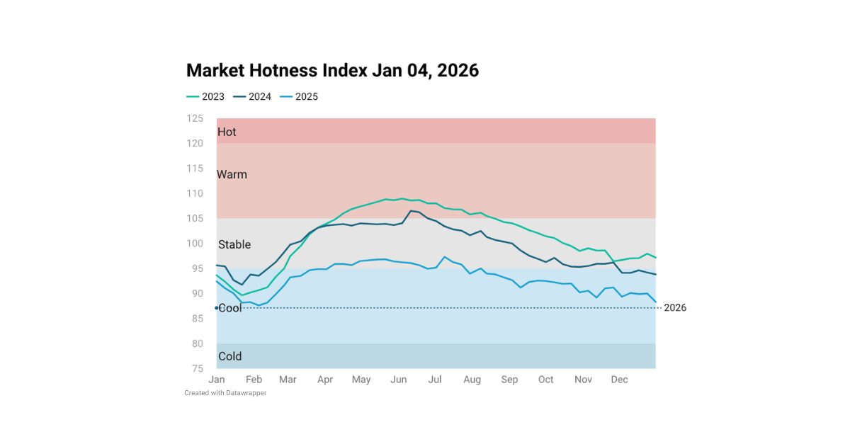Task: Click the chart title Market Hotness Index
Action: [x=332, y=71]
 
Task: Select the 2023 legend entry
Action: [x=205, y=97]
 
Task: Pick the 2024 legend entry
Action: [x=252, y=97]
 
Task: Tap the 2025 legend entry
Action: [x=299, y=97]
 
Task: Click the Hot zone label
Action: [x=227, y=132]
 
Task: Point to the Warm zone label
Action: [x=232, y=174]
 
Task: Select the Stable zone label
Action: [x=234, y=244]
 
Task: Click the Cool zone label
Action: [x=230, y=307]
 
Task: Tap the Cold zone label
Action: [x=230, y=356]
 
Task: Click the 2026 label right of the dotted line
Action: [x=675, y=307]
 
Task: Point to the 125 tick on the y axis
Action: [x=195, y=118]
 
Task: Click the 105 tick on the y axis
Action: [x=195, y=218]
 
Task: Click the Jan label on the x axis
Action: [x=217, y=380]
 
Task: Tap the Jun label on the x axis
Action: [x=399, y=380]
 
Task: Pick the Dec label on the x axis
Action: [x=620, y=380]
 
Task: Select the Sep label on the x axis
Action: [x=509, y=380]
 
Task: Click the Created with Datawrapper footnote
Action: [x=225, y=393]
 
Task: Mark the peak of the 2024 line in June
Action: [x=412, y=210]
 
